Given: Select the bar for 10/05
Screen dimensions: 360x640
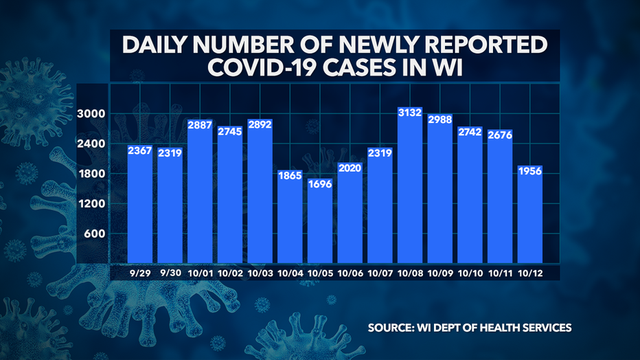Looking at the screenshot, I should pos(320,227).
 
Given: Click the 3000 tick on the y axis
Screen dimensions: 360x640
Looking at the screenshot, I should pos(91,114).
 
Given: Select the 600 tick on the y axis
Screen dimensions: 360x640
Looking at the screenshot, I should pos(94,234).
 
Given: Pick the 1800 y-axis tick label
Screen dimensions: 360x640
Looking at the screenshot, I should pos(91,174).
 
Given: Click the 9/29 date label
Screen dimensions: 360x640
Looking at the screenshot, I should pos(140,272).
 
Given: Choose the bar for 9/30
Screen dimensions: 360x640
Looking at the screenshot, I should pos(170,206).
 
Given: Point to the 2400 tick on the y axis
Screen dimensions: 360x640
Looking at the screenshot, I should pos(91,144).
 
